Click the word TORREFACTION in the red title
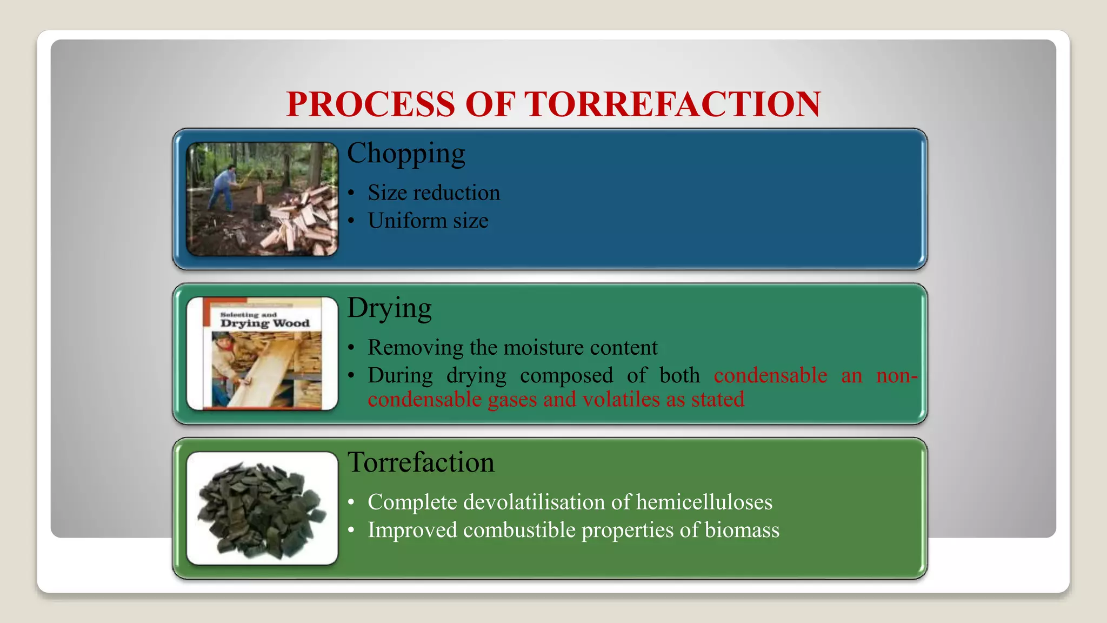[x=673, y=104]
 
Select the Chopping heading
[x=406, y=153]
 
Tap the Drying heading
[x=389, y=308]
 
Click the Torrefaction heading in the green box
[x=421, y=462]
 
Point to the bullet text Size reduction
[x=434, y=193]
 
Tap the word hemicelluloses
[x=704, y=502]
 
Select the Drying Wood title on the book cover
[x=265, y=323]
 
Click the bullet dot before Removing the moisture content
[x=351, y=348]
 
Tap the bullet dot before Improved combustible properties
[x=351, y=531]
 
